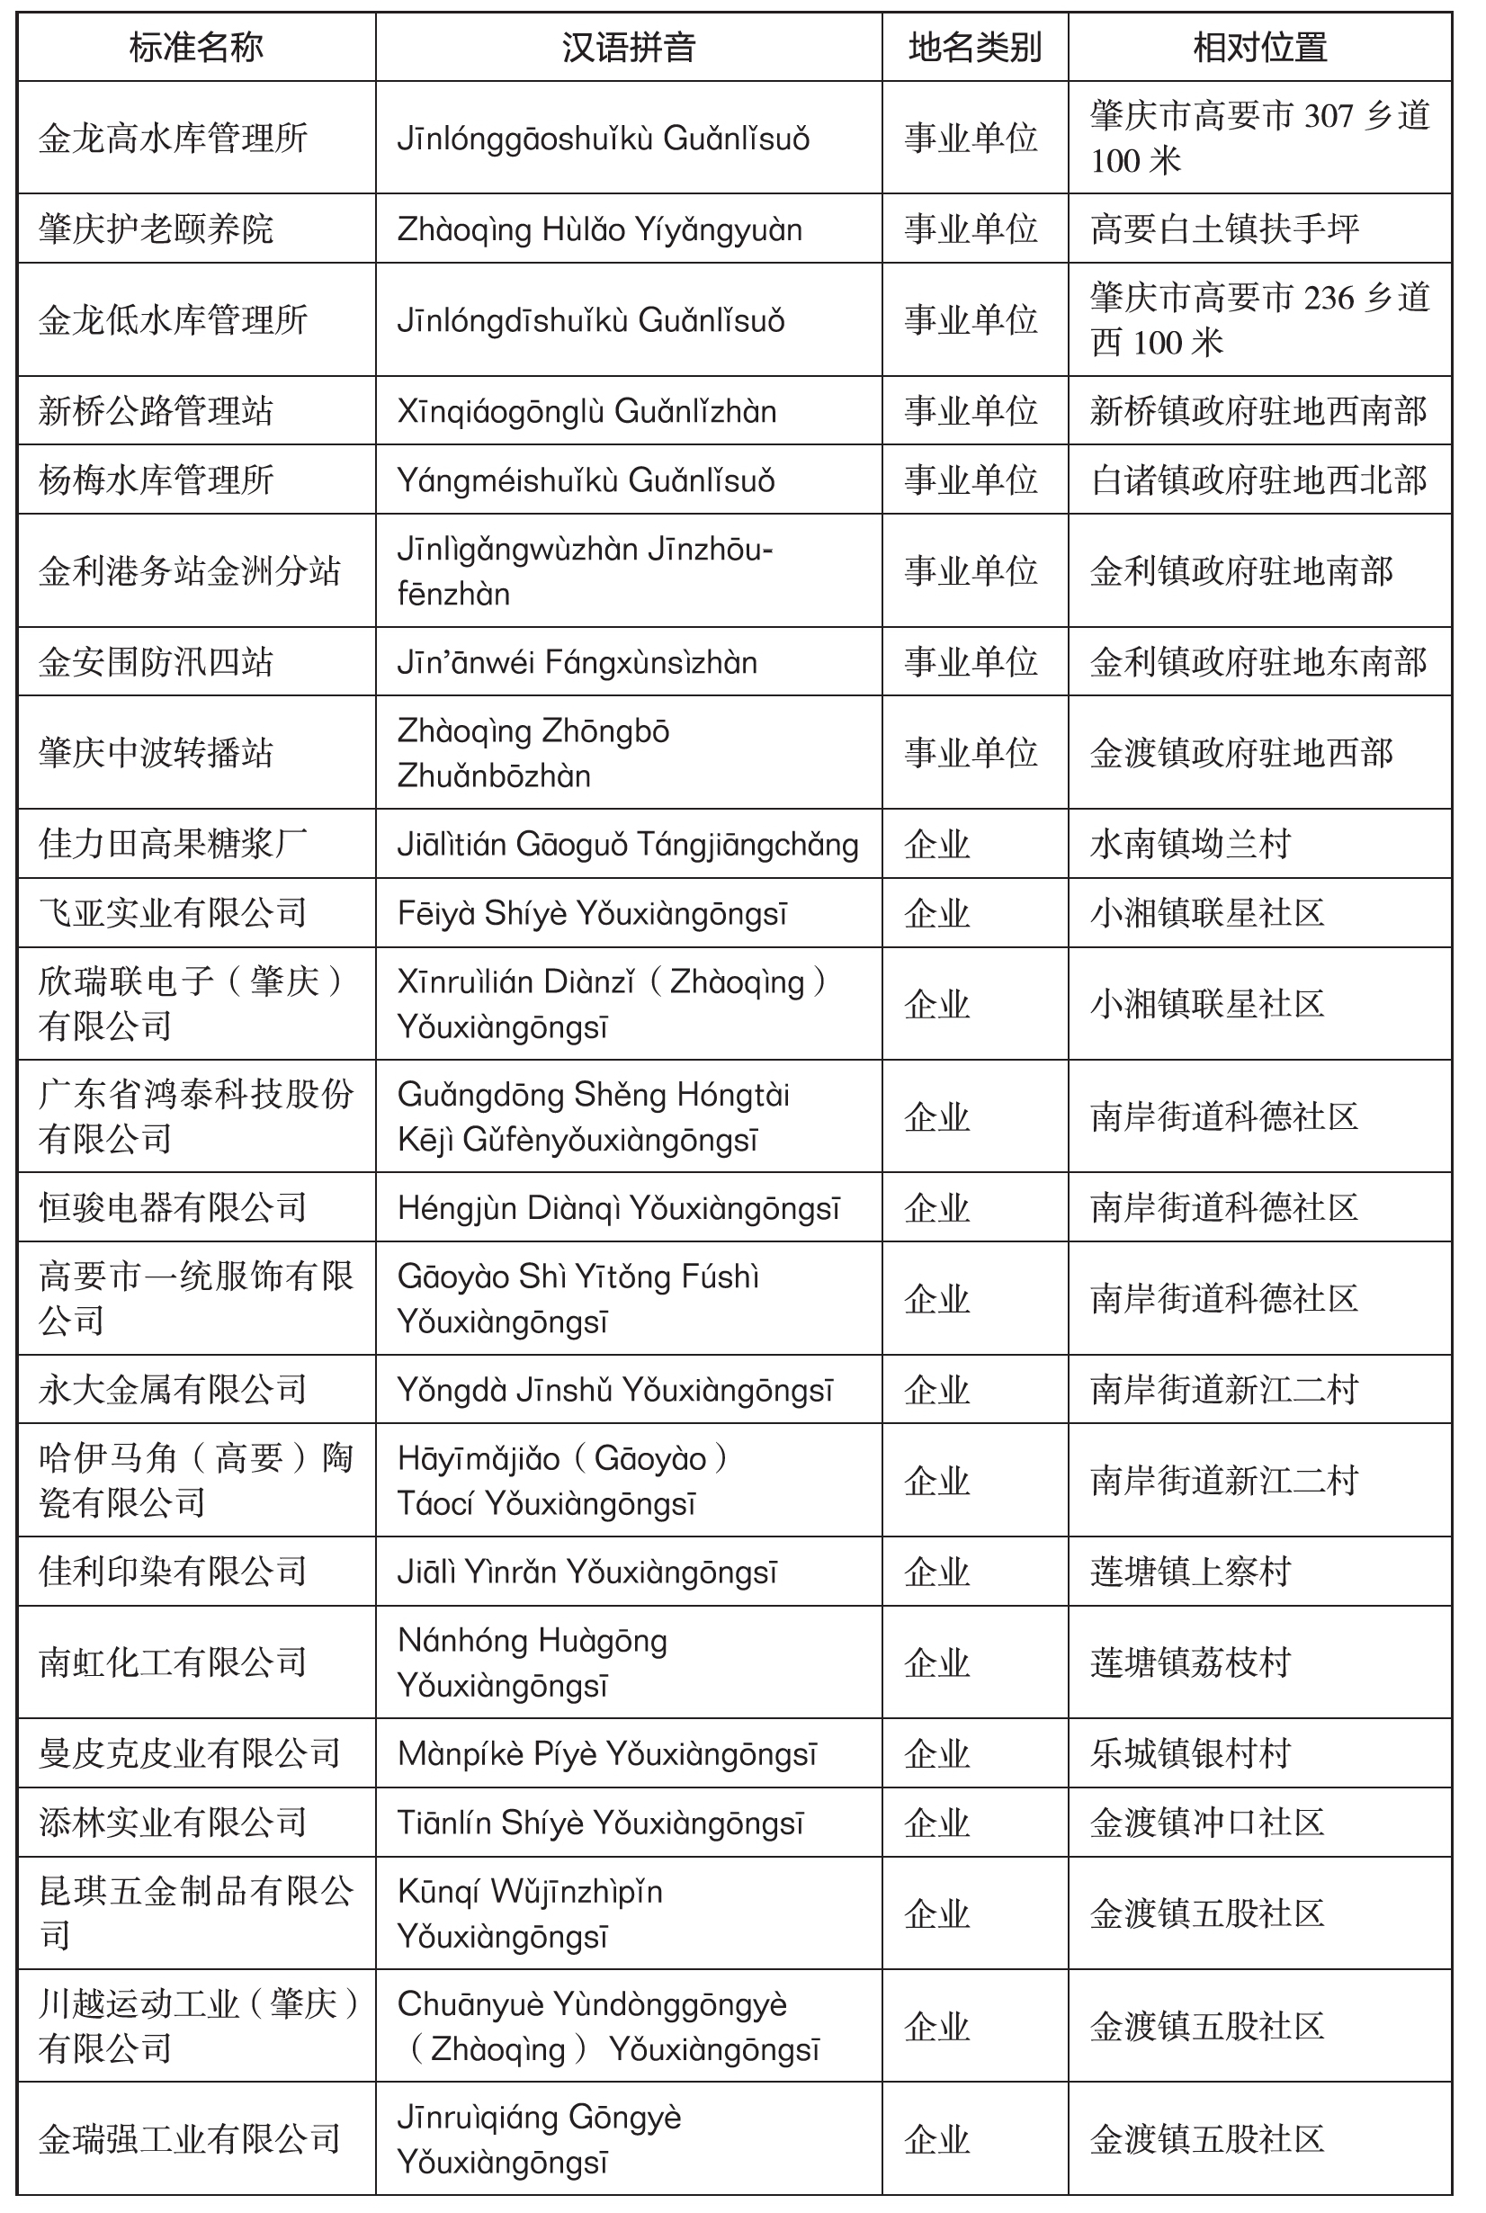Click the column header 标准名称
pos(196,48)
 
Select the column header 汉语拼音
pos(629,48)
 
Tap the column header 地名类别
pos(974,48)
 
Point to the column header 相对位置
pos(1259,48)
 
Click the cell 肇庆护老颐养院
pos(157,229)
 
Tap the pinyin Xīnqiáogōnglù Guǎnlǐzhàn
pos(586,412)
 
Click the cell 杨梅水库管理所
pos(157,480)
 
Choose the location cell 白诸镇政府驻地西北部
pos(1258,480)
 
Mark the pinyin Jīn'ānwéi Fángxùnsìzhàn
pos(577,662)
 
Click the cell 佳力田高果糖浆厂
pos(174,844)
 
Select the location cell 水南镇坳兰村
pos(1190,844)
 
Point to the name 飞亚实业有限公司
pos(174,913)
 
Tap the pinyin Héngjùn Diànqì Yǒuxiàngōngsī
pos(618,1208)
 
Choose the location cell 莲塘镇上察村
pos(1190,1572)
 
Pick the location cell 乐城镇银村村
pos(1190,1754)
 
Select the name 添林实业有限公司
pos(174,1823)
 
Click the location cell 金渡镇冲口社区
pos(1207,1823)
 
